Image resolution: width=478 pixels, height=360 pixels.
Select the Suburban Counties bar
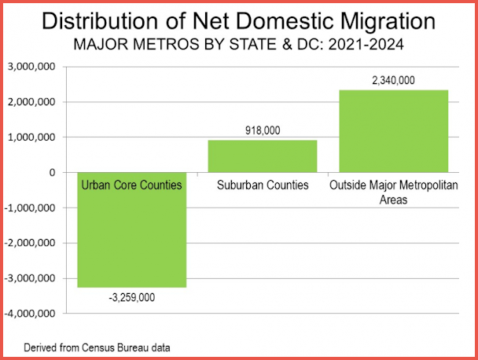click(x=262, y=156)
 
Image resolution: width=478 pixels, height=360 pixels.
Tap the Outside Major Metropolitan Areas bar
click(x=393, y=130)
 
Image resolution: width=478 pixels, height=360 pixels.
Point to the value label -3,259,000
click(x=131, y=297)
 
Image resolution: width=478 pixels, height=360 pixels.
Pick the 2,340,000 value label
click(x=393, y=80)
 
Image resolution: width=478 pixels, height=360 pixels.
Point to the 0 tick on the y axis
click(x=50, y=173)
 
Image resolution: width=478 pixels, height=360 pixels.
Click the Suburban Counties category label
click(x=262, y=186)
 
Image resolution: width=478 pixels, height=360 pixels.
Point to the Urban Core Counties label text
click(x=131, y=186)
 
